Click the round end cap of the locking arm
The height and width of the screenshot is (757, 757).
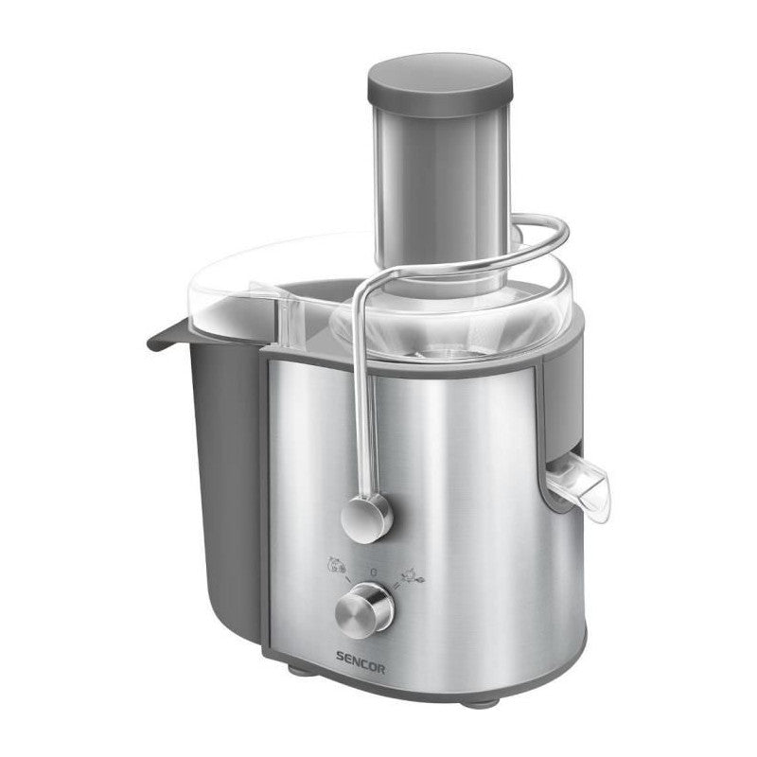(x=364, y=516)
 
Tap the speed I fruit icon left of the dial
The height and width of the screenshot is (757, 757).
(x=334, y=565)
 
